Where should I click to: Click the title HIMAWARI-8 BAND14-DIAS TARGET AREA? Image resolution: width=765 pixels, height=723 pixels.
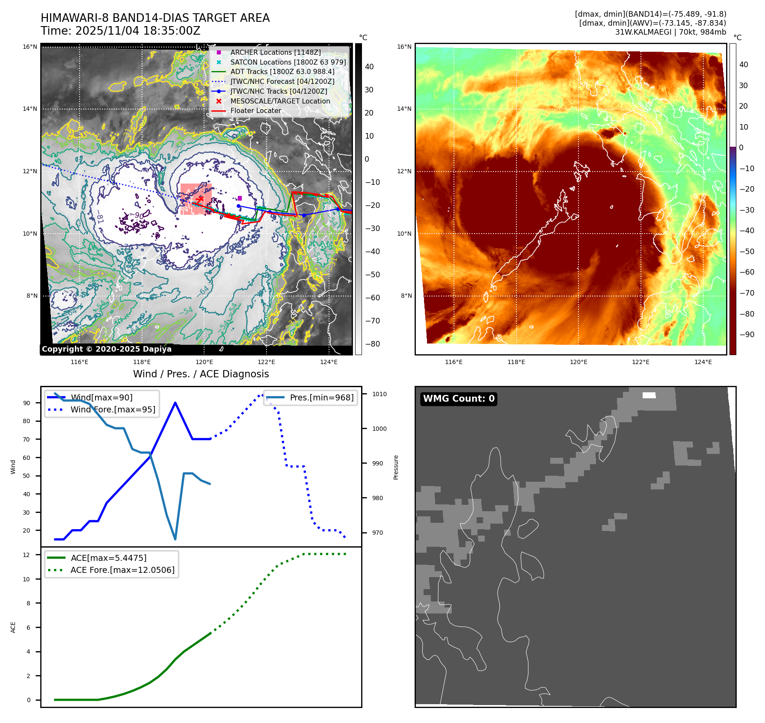point(155,18)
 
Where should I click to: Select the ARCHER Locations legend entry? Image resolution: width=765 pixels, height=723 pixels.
point(275,52)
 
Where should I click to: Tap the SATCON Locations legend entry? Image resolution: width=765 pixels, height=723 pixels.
point(288,62)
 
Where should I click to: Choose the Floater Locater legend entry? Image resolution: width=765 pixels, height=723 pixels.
point(255,110)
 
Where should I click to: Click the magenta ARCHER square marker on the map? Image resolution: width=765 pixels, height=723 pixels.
point(240,198)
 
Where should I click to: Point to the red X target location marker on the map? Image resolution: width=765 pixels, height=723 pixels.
point(200,199)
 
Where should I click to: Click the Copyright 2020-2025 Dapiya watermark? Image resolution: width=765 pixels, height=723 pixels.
point(107,349)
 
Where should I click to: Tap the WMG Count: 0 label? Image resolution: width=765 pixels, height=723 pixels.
point(459,399)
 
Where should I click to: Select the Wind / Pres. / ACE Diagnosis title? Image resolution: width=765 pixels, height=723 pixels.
point(201,374)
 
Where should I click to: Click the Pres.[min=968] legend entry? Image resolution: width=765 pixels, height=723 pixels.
point(321,397)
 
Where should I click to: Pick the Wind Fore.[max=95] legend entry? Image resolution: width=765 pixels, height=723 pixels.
point(113,409)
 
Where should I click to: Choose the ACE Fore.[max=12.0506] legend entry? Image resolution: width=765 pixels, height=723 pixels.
point(122,570)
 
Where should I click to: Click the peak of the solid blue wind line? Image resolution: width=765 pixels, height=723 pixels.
point(175,403)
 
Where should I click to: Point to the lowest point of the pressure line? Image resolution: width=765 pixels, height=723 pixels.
point(175,539)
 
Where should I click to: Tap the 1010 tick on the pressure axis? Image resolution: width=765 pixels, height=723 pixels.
point(379,394)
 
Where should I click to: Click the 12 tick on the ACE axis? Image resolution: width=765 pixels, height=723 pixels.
point(27,555)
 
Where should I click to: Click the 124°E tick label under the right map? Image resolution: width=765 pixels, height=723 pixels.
point(703,362)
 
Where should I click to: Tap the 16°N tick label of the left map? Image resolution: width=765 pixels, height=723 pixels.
point(30,47)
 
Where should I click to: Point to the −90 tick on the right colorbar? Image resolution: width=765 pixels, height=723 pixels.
point(747,335)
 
